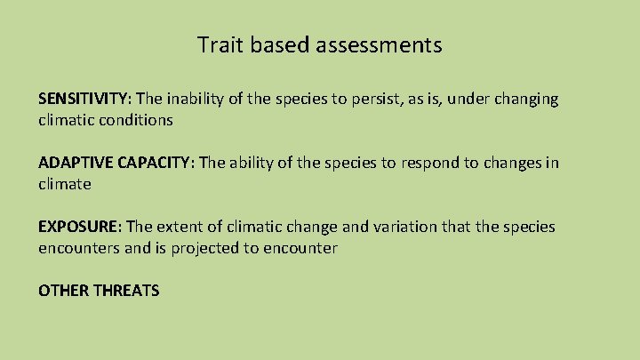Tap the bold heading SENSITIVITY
tap(84, 99)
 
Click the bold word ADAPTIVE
tap(75, 163)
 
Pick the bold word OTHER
tap(60, 291)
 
